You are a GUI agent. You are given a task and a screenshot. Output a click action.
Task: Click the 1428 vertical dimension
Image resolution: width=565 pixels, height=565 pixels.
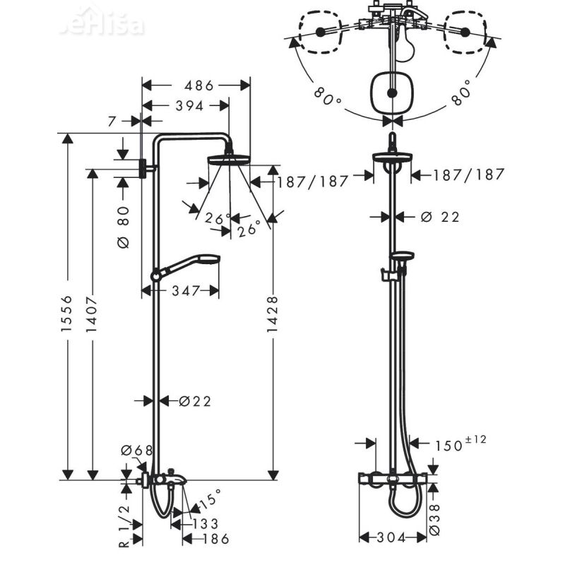pyautogui.click(x=273, y=318)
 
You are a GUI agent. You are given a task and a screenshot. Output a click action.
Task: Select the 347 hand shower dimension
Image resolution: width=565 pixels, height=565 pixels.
pyautogui.click(x=186, y=290)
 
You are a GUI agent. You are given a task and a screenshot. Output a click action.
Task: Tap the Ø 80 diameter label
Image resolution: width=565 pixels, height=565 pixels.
pyautogui.click(x=124, y=226)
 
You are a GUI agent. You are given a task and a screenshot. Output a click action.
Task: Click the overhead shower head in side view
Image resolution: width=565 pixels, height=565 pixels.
pyautogui.click(x=230, y=159)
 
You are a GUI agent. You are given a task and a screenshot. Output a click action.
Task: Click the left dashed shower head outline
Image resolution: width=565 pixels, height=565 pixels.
pyautogui.click(x=320, y=32)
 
